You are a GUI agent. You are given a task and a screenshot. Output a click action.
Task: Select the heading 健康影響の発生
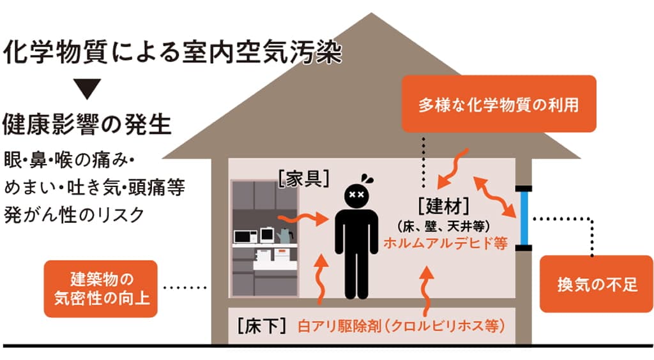coord(87,123)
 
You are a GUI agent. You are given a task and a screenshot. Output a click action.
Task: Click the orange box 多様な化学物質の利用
coord(499,104)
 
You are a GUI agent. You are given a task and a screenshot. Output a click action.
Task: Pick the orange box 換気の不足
coord(597,284)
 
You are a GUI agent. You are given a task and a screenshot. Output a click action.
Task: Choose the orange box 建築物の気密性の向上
coord(101,289)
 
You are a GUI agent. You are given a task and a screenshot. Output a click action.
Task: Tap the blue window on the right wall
coord(524,218)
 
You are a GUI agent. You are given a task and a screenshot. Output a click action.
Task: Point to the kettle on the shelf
coord(285,235)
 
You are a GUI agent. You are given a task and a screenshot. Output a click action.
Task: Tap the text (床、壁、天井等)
coord(445,226)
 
